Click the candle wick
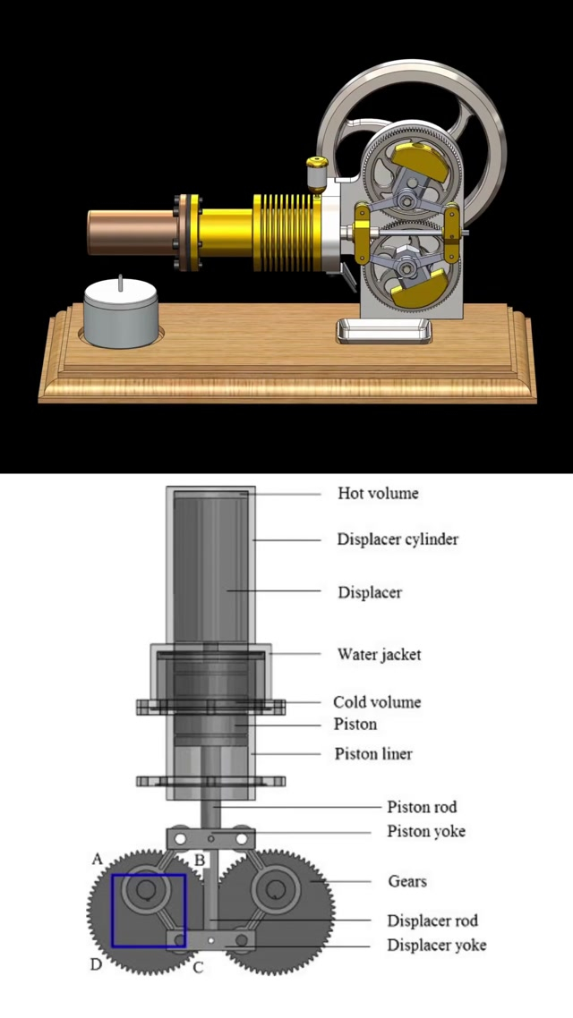tap(120, 283)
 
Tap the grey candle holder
tap(120, 318)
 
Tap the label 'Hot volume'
tap(378, 493)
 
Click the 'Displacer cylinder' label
tap(398, 539)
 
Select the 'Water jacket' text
tap(379, 654)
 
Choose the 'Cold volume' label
tap(377, 702)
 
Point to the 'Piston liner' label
tap(373, 754)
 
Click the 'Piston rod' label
tap(422, 807)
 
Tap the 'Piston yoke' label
tap(426, 831)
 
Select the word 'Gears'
tap(407, 881)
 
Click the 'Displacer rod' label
tap(432, 920)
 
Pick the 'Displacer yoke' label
tap(437, 945)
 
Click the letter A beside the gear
tap(98, 859)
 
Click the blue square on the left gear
tap(149, 911)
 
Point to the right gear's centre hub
tap(276, 890)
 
